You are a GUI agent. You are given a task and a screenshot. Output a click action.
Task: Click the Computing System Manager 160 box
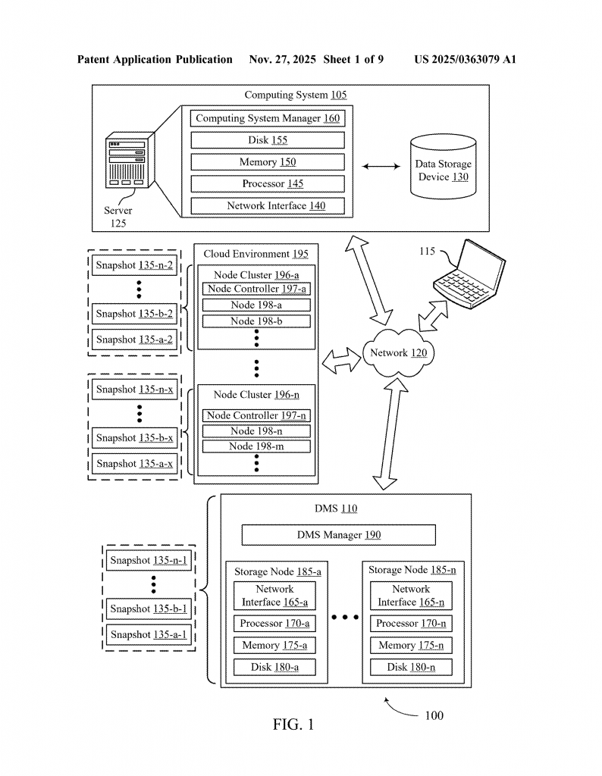coord(267,118)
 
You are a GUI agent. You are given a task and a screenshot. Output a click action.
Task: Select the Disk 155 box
coord(267,140)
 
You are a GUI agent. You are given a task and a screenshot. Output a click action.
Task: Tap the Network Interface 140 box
coord(267,205)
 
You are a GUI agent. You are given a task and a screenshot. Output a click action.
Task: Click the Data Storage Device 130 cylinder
coord(443,168)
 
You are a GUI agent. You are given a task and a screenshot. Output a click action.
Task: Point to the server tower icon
coord(128,164)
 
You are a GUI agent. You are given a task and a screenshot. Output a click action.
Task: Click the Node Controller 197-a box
coord(257,289)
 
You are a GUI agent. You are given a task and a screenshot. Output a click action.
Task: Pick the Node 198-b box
coord(257,321)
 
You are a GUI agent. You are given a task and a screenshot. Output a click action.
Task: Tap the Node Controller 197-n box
coord(257,415)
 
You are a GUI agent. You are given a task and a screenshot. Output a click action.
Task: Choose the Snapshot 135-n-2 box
coord(135,265)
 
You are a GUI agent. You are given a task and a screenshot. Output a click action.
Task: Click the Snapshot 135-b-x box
coord(135,438)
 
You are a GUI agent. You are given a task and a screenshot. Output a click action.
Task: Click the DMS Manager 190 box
coord(338,535)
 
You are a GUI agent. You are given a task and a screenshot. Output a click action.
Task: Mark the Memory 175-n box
coord(411,646)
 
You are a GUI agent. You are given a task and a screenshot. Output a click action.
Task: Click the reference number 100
coord(434,715)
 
